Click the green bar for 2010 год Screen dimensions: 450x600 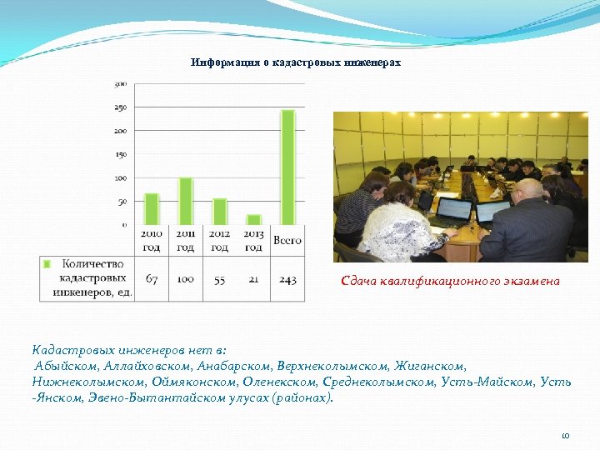pos(152,209)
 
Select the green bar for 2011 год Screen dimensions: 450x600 pos(186,201)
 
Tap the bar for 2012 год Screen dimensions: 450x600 pos(220,212)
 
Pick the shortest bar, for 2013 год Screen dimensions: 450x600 pos(254,219)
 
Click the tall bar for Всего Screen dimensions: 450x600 pos(287,167)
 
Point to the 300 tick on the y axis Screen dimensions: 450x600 pos(120,83)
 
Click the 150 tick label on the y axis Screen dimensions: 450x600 pos(120,154)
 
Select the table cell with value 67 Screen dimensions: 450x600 pos(152,279)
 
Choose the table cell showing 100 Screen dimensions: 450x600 pos(186,279)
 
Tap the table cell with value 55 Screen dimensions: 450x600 pos(220,279)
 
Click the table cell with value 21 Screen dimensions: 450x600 pos(254,279)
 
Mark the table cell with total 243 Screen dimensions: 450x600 pos(287,279)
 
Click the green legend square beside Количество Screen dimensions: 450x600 pos(47,263)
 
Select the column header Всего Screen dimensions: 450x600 pos(287,241)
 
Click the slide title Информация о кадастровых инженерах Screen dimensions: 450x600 pos(296,62)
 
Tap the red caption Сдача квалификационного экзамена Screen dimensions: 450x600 pos(450,281)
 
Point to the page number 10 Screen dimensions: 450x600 pos(565,435)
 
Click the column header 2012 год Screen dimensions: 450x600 pos(220,241)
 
